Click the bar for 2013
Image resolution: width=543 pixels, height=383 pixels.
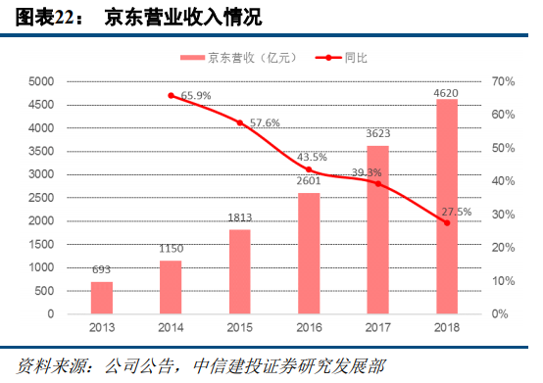pyautogui.click(x=102, y=297)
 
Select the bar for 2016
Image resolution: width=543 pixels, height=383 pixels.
pyautogui.click(x=309, y=253)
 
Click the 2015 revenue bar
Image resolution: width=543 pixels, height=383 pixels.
pyautogui.click(x=240, y=271)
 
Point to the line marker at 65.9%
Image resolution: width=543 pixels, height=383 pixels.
pyautogui.click(x=172, y=95)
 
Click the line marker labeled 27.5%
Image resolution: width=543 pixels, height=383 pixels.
pyautogui.click(x=447, y=223)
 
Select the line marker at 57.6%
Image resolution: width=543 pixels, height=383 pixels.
pyautogui.click(x=240, y=122)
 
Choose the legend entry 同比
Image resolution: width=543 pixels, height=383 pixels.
pyautogui.click(x=345, y=58)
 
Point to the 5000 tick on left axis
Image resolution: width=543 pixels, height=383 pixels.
pyautogui.click(x=39, y=81)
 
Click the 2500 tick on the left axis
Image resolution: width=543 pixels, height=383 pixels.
pyautogui.click(x=39, y=198)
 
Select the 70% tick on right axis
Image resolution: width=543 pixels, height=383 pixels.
pyautogui.click(x=501, y=81)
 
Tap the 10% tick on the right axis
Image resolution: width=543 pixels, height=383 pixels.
pyautogui.click(x=501, y=281)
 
